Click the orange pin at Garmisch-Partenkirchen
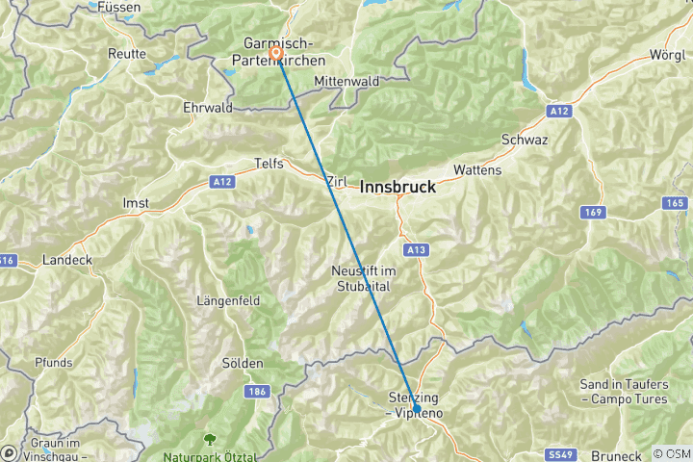[x=276, y=53]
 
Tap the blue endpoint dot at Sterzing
[x=415, y=410]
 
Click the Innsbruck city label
[x=398, y=189]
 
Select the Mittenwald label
[x=346, y=82]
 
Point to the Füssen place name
[x=119, y=7]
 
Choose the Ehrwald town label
[x=208, y=108]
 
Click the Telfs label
[x=269, y=164]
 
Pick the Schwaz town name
[x=525, y=140]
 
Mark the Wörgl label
[x=668, y=53]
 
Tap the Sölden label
[x=243, y=363]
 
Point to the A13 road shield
[x=416, y=250]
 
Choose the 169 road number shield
[x=592, y=211]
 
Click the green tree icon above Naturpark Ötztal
[x=208, y=439]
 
